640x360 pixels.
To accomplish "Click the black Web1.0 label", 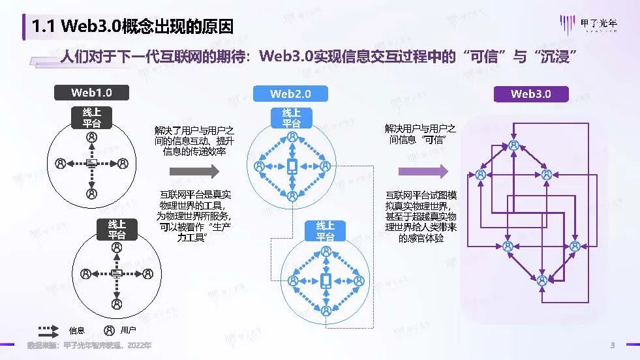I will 91,93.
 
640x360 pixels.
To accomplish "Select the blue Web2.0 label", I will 290,94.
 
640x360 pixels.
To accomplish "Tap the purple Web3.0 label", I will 530,94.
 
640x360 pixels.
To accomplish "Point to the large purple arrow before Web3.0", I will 423,172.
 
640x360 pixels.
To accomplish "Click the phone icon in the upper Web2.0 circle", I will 292,166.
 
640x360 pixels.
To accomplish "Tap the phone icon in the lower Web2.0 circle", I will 326,280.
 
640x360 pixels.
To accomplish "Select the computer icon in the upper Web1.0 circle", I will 91,163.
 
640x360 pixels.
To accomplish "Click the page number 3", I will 612,345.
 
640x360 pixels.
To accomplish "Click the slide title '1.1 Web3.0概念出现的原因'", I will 133,25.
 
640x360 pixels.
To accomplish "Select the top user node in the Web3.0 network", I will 514,145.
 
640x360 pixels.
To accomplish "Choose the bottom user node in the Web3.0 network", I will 541,280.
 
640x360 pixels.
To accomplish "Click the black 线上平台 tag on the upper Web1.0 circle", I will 91,117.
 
